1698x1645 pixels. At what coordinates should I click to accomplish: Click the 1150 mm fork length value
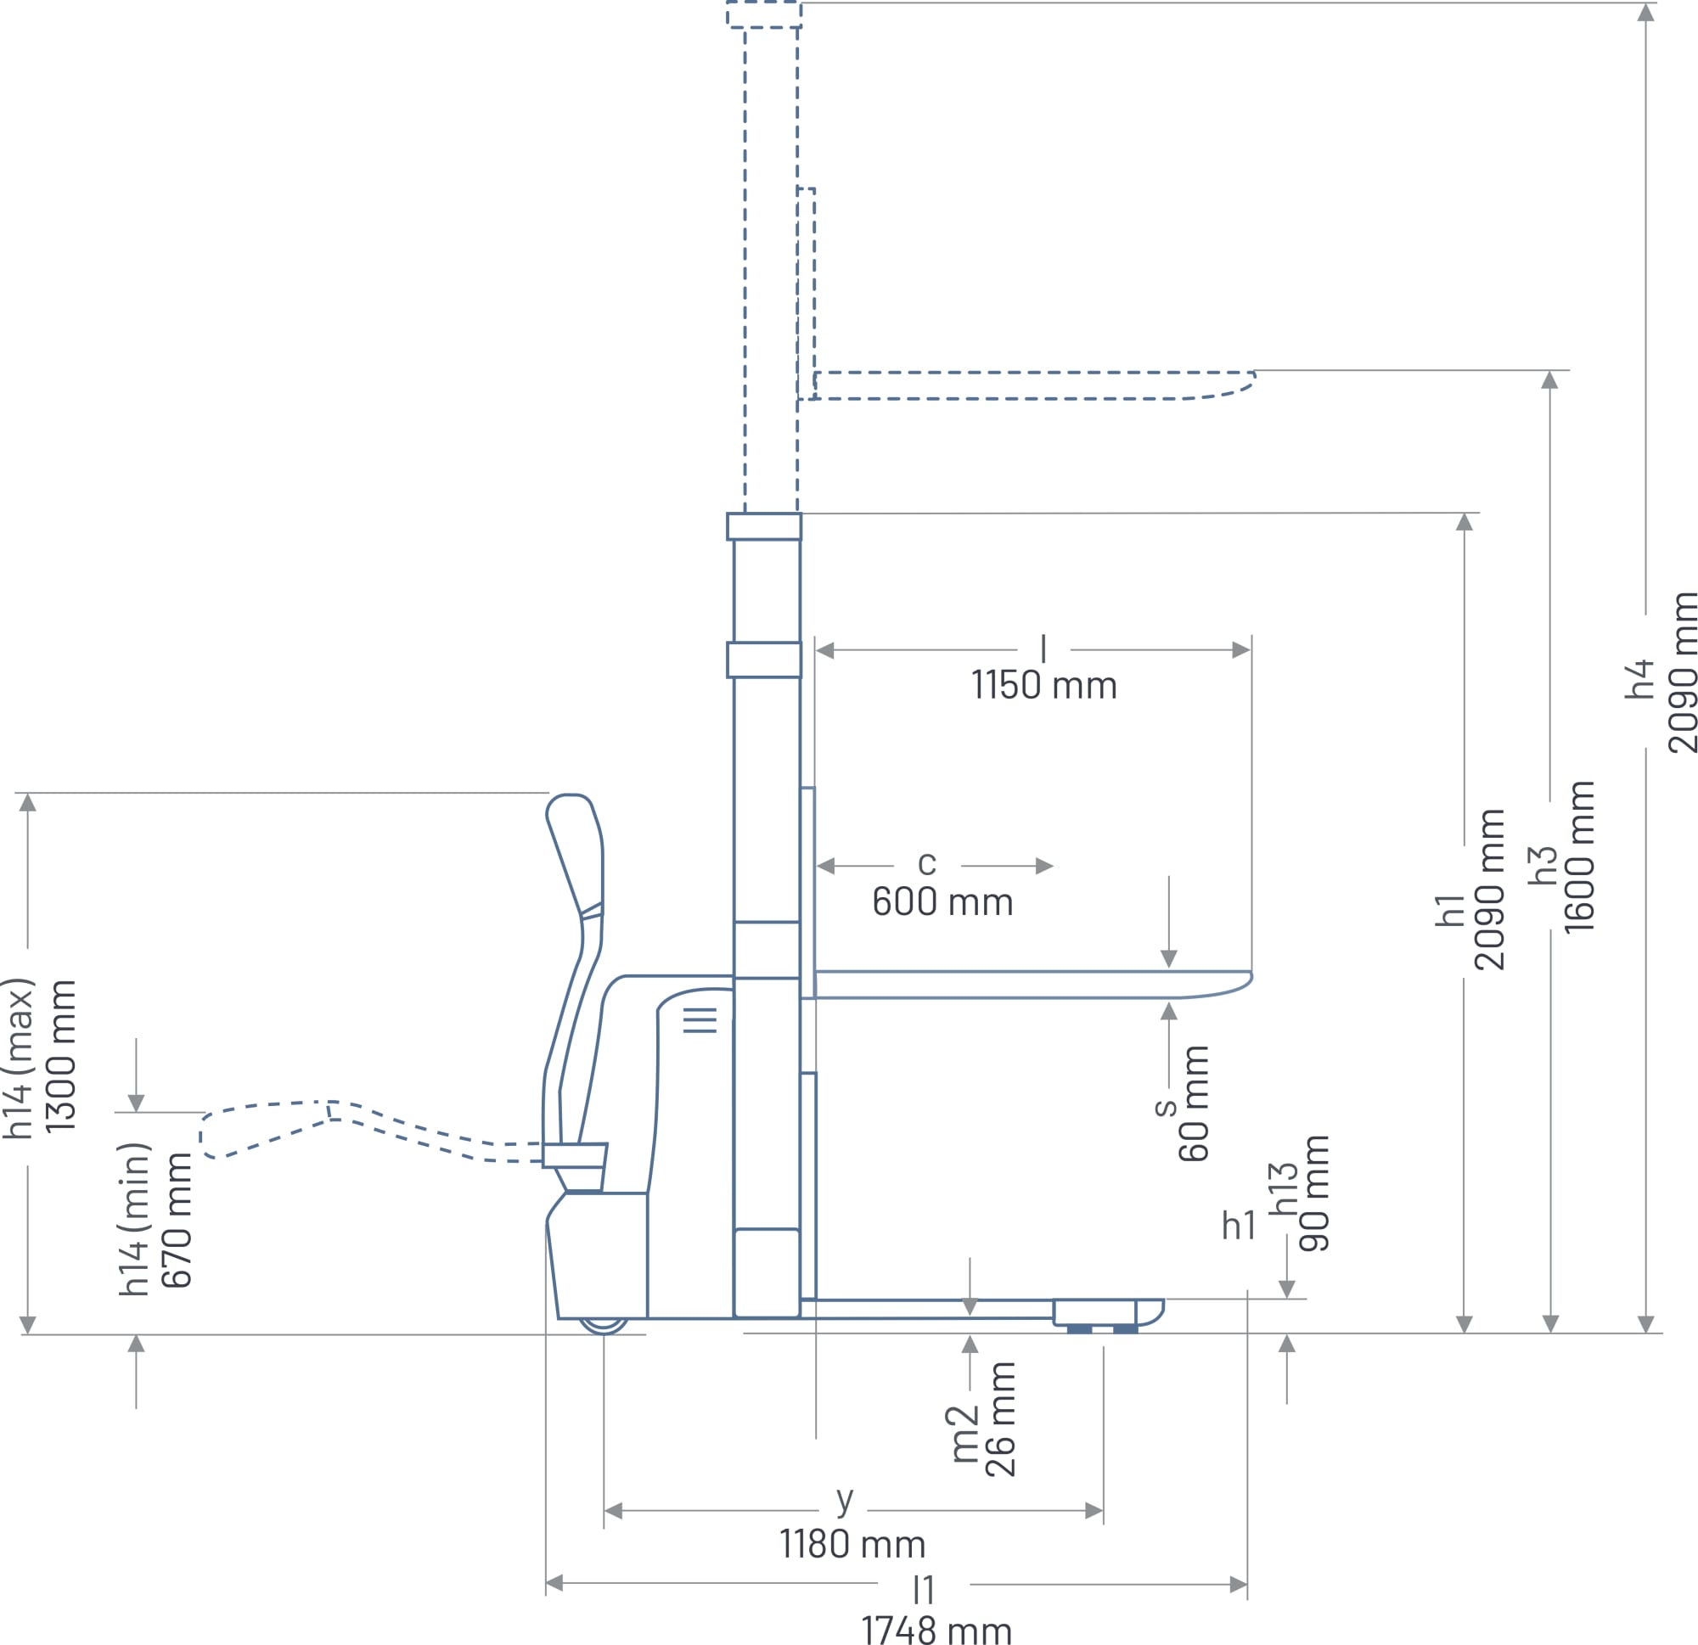(1044, 685)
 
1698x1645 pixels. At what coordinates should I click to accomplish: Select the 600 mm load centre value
(942, 901)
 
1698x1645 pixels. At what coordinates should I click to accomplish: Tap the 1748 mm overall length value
(936, 1628)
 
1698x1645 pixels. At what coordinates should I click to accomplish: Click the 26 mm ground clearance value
(1001, 1418)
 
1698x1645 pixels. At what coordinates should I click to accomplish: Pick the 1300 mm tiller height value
(60, 1056)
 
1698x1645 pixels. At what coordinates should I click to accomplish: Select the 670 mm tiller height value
(177, 1220)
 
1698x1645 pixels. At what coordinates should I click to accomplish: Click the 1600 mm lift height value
(1579, 856)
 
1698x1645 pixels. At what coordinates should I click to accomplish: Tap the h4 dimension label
(1640, 679)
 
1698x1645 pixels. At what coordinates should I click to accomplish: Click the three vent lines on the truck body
(700, 1020)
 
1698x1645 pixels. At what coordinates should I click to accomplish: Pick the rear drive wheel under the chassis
(604, 1325)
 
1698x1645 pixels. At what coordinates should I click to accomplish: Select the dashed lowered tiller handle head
(265, 1129)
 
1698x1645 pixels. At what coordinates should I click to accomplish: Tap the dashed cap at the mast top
(764, 14)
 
